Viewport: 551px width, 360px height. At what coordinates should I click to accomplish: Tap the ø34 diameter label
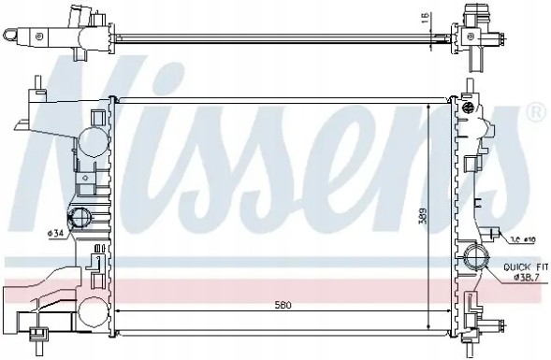(55, 232)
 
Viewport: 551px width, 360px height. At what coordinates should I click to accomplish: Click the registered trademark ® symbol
(535, 112)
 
